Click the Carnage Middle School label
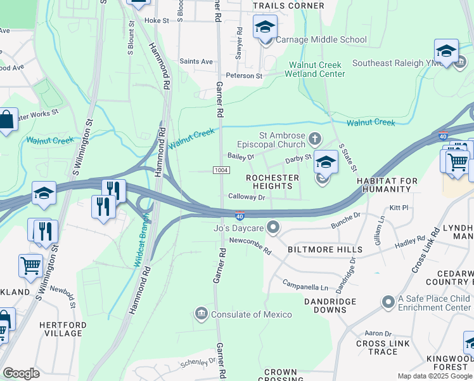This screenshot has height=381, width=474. tap(321, 39)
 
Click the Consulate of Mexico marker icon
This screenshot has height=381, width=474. tap(202, 314)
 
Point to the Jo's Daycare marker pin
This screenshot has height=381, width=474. tap(273, 227)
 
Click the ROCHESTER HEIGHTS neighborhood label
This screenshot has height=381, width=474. tap(272, 182)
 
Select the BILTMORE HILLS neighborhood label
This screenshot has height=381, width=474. tap(325, 250)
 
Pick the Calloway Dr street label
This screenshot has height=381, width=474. tap(246, 197)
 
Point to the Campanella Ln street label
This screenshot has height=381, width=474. tap(305, 285)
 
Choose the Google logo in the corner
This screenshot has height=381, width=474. tap(21, 373)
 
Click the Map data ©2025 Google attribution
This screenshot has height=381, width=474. tap(434, 376)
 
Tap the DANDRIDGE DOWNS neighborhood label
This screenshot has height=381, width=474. tap(325, 305)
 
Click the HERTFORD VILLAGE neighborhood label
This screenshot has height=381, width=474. tap(61, 329)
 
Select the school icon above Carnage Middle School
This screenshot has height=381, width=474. tap(265, 27)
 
